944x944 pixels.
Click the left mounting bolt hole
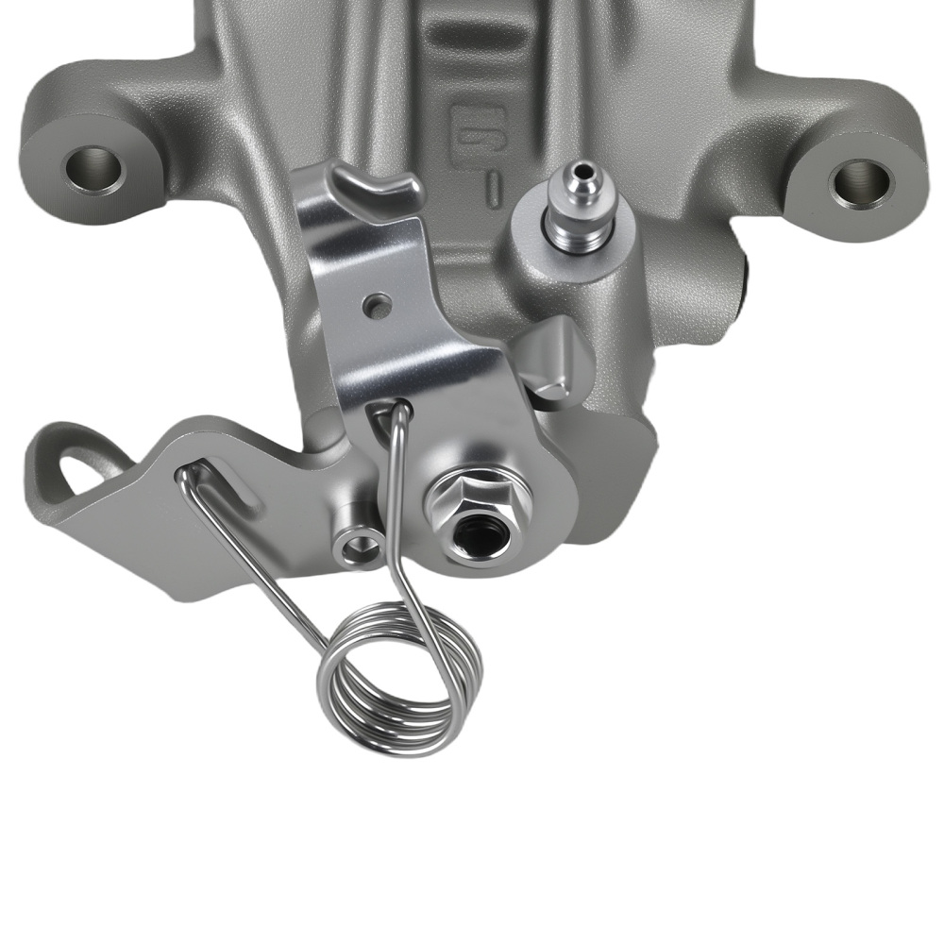tap(93, 169)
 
